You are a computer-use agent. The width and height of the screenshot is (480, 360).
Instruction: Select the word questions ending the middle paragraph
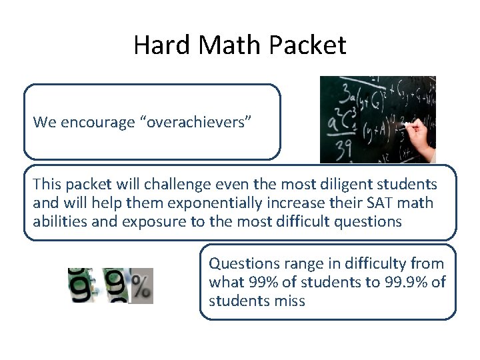click(x=369, y=221)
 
